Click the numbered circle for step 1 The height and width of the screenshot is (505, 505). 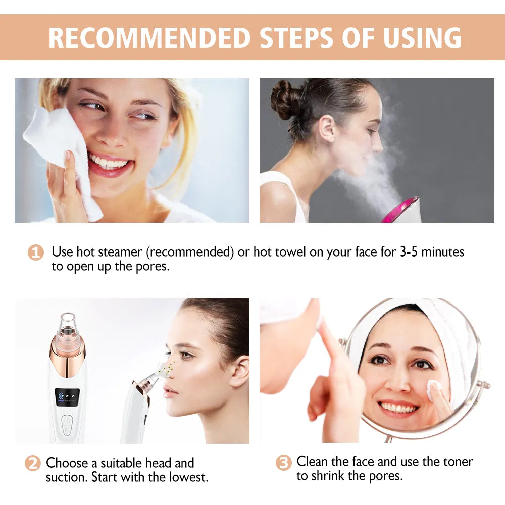point(35,252)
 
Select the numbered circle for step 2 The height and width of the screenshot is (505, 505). point(32,463)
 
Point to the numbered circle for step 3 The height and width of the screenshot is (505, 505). point(284,463)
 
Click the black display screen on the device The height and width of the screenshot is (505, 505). point(67,396)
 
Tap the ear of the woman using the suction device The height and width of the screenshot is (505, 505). point(239,371)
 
